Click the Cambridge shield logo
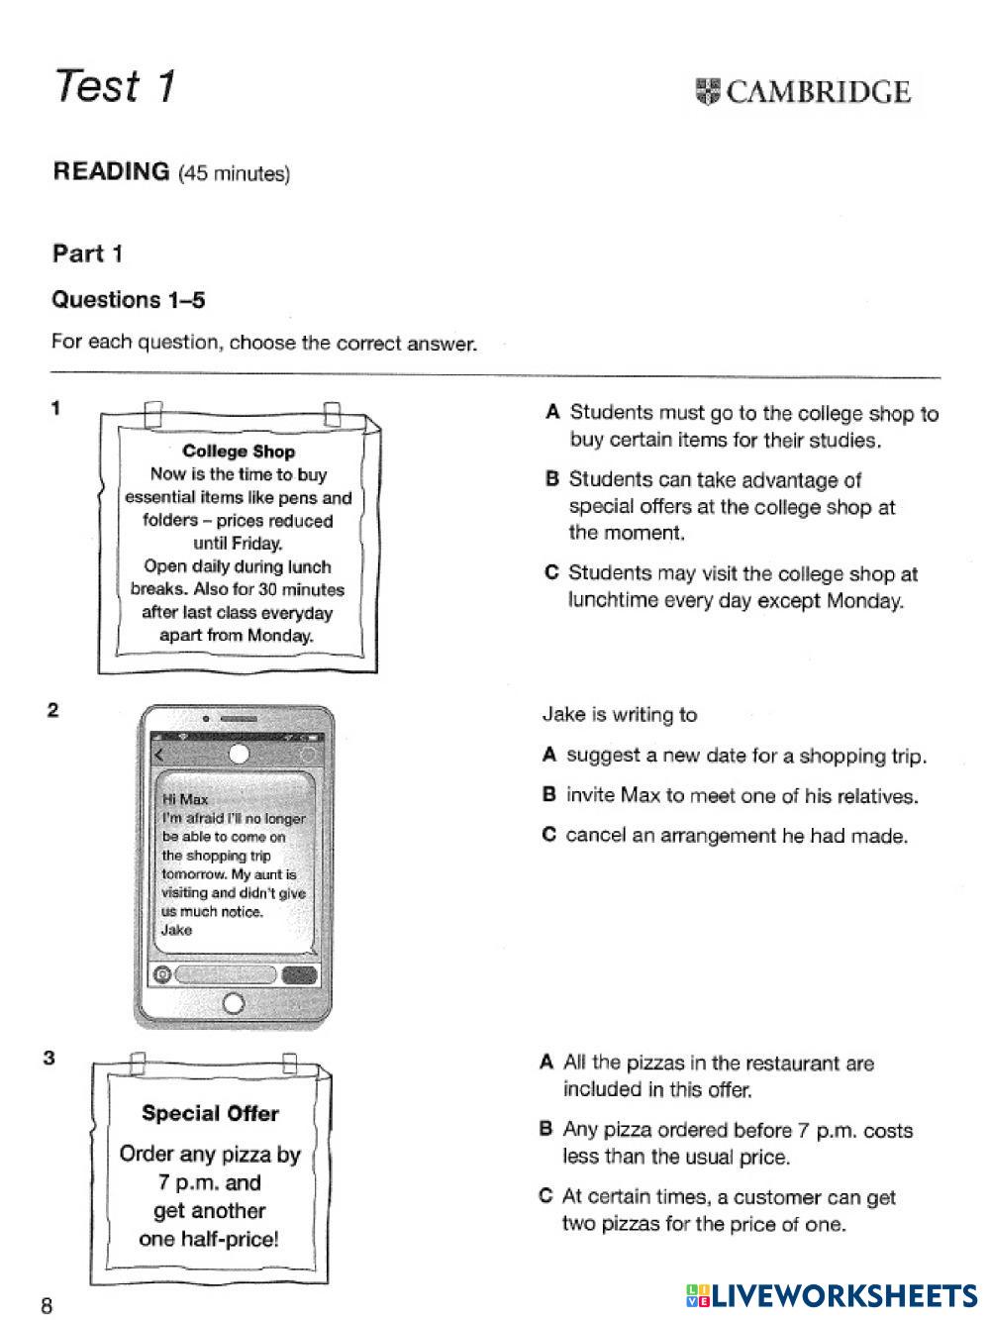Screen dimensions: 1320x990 [709, 92]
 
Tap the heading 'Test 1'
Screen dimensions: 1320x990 [115, 86]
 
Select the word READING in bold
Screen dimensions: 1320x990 [111, 171]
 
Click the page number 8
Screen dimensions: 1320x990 [47, 1305]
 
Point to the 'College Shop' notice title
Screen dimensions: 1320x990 [239, 452]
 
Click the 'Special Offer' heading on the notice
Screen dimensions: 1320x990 [210, 1113]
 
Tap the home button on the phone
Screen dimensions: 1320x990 [234, 1003]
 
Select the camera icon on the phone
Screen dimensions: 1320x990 [161, 974]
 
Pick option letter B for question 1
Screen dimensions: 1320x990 [552, 479]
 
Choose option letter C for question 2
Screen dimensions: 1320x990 [549, 835]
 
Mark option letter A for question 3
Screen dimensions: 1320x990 [546, 1063]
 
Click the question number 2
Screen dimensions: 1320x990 [53, 710]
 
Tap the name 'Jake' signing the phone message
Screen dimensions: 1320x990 [176, 930]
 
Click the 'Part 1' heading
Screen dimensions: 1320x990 [88, 254]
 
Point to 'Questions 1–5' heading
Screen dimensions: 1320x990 [129, 299]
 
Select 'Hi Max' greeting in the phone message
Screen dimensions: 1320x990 [185, 799]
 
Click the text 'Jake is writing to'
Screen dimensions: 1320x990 [620, 714]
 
